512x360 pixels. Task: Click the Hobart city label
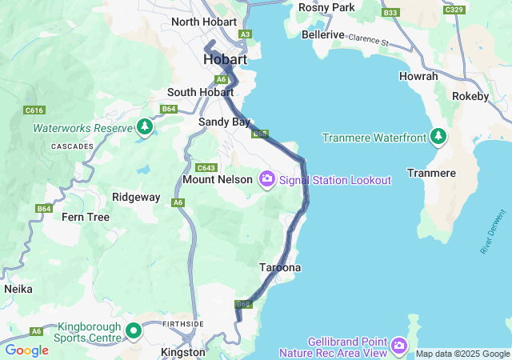(225, 60)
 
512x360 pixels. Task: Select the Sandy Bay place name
(224, 122)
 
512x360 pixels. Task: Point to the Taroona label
(280, 267)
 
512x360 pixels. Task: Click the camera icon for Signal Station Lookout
(267, 180)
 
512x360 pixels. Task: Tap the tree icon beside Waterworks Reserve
(144, 128)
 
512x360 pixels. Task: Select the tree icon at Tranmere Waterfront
(438, 138)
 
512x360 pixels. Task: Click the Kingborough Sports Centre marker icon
(134, 330)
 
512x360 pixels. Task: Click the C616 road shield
(34, 110)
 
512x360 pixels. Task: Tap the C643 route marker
(206, 168)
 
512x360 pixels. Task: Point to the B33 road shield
(390, 13)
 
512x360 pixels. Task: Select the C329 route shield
(454, 10)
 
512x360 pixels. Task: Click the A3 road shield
(246, 34)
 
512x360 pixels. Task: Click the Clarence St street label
(368, 39)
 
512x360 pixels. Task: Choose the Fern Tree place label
(86, 217)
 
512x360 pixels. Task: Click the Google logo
(27, 350)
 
